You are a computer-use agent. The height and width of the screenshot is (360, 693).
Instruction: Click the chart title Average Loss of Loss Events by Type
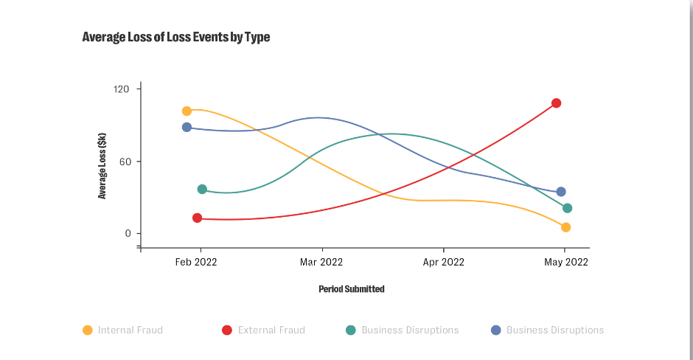pos(176,37)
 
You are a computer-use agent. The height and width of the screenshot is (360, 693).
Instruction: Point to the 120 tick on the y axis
pos(122,89)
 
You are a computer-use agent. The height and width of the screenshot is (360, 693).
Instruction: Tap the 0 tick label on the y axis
pos(127,234)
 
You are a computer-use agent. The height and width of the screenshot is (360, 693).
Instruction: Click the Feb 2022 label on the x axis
pos(195,262)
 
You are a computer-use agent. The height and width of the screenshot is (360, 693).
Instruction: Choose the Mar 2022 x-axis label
pos(321,262)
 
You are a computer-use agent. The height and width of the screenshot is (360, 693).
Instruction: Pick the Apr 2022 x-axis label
pos(443,262)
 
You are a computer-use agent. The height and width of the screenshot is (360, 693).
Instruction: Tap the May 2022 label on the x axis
pos(565,262)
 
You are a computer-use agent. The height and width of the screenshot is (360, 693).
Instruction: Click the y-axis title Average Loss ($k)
pos(102,166)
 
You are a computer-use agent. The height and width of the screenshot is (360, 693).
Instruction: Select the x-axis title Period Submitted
pos(352,289)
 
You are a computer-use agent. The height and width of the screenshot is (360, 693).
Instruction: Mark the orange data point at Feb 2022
pos(187,111)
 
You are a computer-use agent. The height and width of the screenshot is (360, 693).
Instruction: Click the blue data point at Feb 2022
pos(187,128)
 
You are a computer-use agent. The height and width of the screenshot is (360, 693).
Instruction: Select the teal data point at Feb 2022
pos(202,190)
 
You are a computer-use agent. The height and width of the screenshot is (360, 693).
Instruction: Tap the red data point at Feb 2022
pos(197,218)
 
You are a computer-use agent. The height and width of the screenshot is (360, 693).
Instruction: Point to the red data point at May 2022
pos(557,103)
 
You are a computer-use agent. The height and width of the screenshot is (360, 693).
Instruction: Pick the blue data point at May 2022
pos(561,193)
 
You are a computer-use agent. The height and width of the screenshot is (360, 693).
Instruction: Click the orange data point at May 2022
pos(565,227)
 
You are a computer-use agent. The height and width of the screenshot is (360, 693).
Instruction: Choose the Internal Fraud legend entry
pos(123,330)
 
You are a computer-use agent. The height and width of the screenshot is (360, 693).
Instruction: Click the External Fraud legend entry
pos(263,330)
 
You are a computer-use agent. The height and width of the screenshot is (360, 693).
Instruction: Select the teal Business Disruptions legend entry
pos(402,330)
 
